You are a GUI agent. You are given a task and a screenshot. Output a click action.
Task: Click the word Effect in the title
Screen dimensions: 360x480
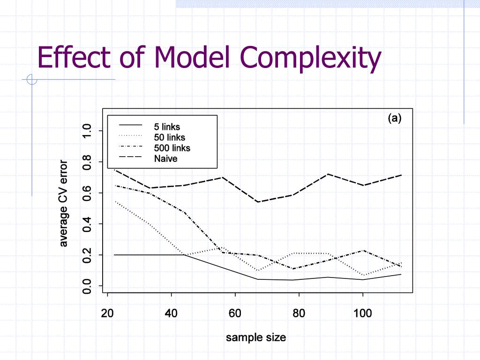(x=74, y=57)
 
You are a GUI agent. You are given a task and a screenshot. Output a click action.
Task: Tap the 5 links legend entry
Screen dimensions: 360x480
(x=167, y=127)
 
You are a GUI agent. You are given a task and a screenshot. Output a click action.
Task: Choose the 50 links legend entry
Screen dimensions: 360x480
(x=169, y=137)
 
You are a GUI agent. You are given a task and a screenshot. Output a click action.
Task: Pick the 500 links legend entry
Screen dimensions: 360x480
(x=172, y=148)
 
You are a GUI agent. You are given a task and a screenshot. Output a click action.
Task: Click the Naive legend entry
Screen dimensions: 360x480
(x=165, y=159)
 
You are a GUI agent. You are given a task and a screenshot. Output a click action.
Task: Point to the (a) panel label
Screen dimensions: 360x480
(x=394, y=118)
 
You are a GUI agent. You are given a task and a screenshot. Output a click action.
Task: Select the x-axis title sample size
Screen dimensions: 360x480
(x=255, y=337)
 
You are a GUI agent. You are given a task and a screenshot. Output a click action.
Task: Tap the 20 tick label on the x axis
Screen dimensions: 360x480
(x=108, y=313)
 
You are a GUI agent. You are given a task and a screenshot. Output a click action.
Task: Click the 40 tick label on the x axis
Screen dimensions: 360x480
(x=172, y=313)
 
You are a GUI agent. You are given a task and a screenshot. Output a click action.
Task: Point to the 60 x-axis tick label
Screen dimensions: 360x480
(x=235, y=313)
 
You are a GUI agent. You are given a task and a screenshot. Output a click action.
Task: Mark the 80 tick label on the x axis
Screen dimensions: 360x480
(x=299, y=313)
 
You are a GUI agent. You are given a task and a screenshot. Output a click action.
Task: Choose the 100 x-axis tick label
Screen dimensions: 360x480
(x=363, y=313)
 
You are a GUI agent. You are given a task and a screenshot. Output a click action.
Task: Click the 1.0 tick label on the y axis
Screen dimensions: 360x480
(x=86, y=131)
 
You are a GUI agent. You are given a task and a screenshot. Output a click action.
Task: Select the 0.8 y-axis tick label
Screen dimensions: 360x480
(x=86, y=162)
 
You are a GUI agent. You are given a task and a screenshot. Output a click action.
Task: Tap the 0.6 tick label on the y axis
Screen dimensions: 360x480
(x=86, y=193)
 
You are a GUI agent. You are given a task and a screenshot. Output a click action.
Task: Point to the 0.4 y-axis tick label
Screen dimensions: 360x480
(x=86, y=224)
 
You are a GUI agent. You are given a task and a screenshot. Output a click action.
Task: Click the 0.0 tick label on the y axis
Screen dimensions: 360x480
(x=86, y=286)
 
